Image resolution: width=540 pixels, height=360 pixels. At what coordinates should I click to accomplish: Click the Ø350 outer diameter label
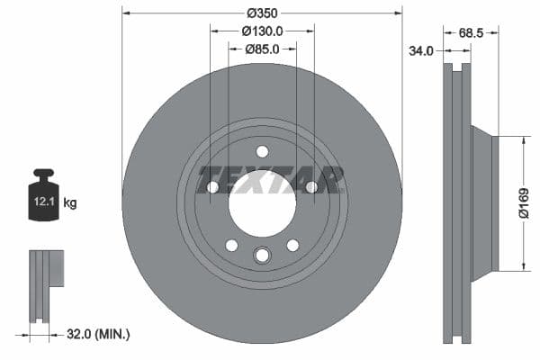[262, 13]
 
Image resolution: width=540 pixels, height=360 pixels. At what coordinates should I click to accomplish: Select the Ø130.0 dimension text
[262, 31]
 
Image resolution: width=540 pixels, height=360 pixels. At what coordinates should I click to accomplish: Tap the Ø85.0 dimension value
[262, 49]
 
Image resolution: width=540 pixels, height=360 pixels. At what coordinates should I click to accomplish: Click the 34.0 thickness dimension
[421, 51]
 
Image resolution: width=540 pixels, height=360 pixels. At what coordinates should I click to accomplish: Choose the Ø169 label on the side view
[523, 202]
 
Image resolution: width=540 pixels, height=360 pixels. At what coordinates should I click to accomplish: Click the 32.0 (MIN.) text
[98, 334]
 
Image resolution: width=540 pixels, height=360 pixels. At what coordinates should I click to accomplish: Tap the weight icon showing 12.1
[43, 193]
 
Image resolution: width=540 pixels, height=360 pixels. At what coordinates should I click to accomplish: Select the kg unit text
[70, 203]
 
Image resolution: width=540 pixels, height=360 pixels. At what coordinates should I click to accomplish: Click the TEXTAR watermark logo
[270, 179]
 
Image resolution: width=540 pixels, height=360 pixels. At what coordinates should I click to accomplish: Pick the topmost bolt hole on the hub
[262, 151]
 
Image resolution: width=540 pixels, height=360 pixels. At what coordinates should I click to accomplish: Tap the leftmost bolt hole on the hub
[213, 187]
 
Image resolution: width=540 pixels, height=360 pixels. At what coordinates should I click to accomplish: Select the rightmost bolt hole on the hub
[310, 187]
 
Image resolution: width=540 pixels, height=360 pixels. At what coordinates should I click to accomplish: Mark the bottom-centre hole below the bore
[262, 256]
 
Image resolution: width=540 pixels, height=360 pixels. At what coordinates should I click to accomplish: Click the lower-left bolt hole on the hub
[231, 245]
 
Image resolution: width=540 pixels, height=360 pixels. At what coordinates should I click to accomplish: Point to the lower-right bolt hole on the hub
[292, 245]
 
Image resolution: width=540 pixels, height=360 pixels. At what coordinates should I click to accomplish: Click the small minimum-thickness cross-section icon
[44, 286]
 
